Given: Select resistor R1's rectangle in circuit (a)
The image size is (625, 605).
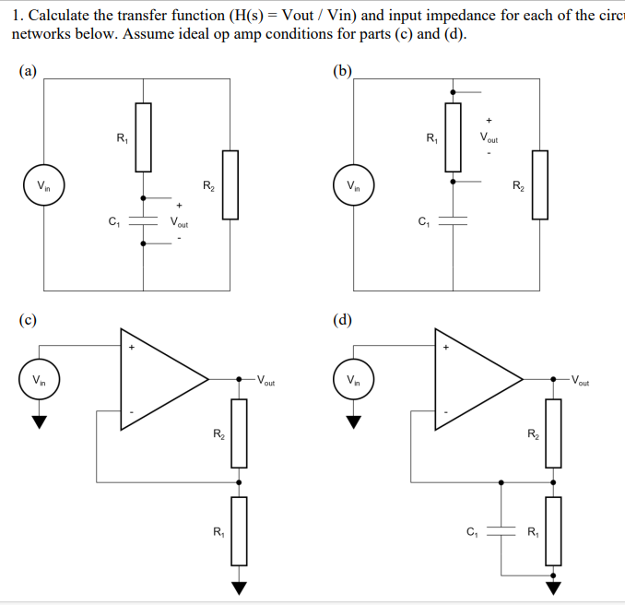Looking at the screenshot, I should tap(143, 138).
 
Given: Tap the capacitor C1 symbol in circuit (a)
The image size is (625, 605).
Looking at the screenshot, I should tap(143, 222).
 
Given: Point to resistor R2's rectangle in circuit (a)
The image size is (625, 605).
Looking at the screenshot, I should tap(230, 184).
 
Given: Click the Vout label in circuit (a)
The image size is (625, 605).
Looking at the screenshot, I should tap(180, 222).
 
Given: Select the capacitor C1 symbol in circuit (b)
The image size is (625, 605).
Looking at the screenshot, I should tap(453, 221).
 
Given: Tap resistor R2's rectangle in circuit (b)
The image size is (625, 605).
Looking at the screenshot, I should tap(540, 184).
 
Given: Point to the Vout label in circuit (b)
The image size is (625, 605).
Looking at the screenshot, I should tap(489, 137).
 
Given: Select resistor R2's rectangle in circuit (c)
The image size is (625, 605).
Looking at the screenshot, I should tap(239, 433).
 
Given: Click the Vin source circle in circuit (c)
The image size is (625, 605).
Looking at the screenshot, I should tap(39, 379).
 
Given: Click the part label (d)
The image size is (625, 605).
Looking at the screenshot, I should tap(342, 320).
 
